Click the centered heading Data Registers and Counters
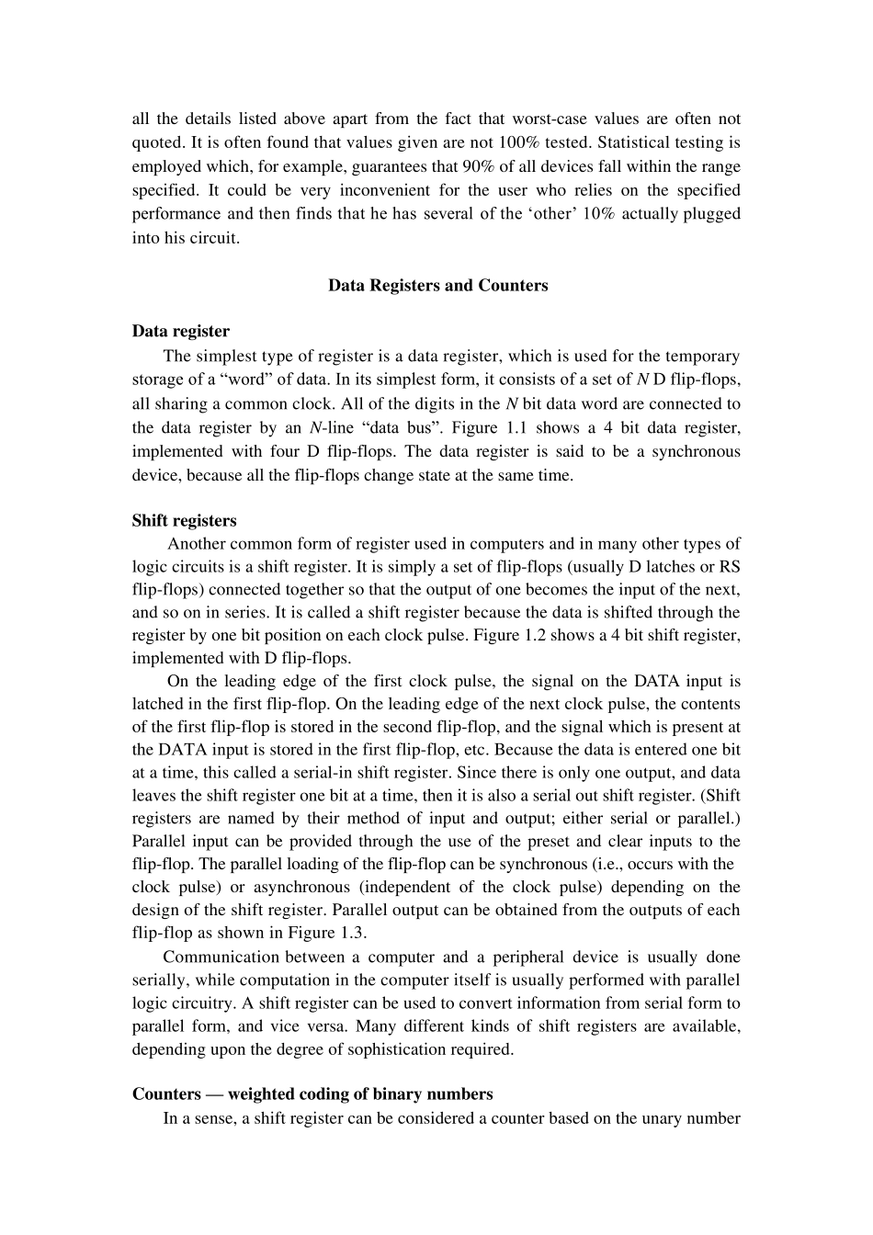[437, 285]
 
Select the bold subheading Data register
[181, 331]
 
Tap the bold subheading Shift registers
[184, 520]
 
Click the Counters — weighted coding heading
[312, 1093]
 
